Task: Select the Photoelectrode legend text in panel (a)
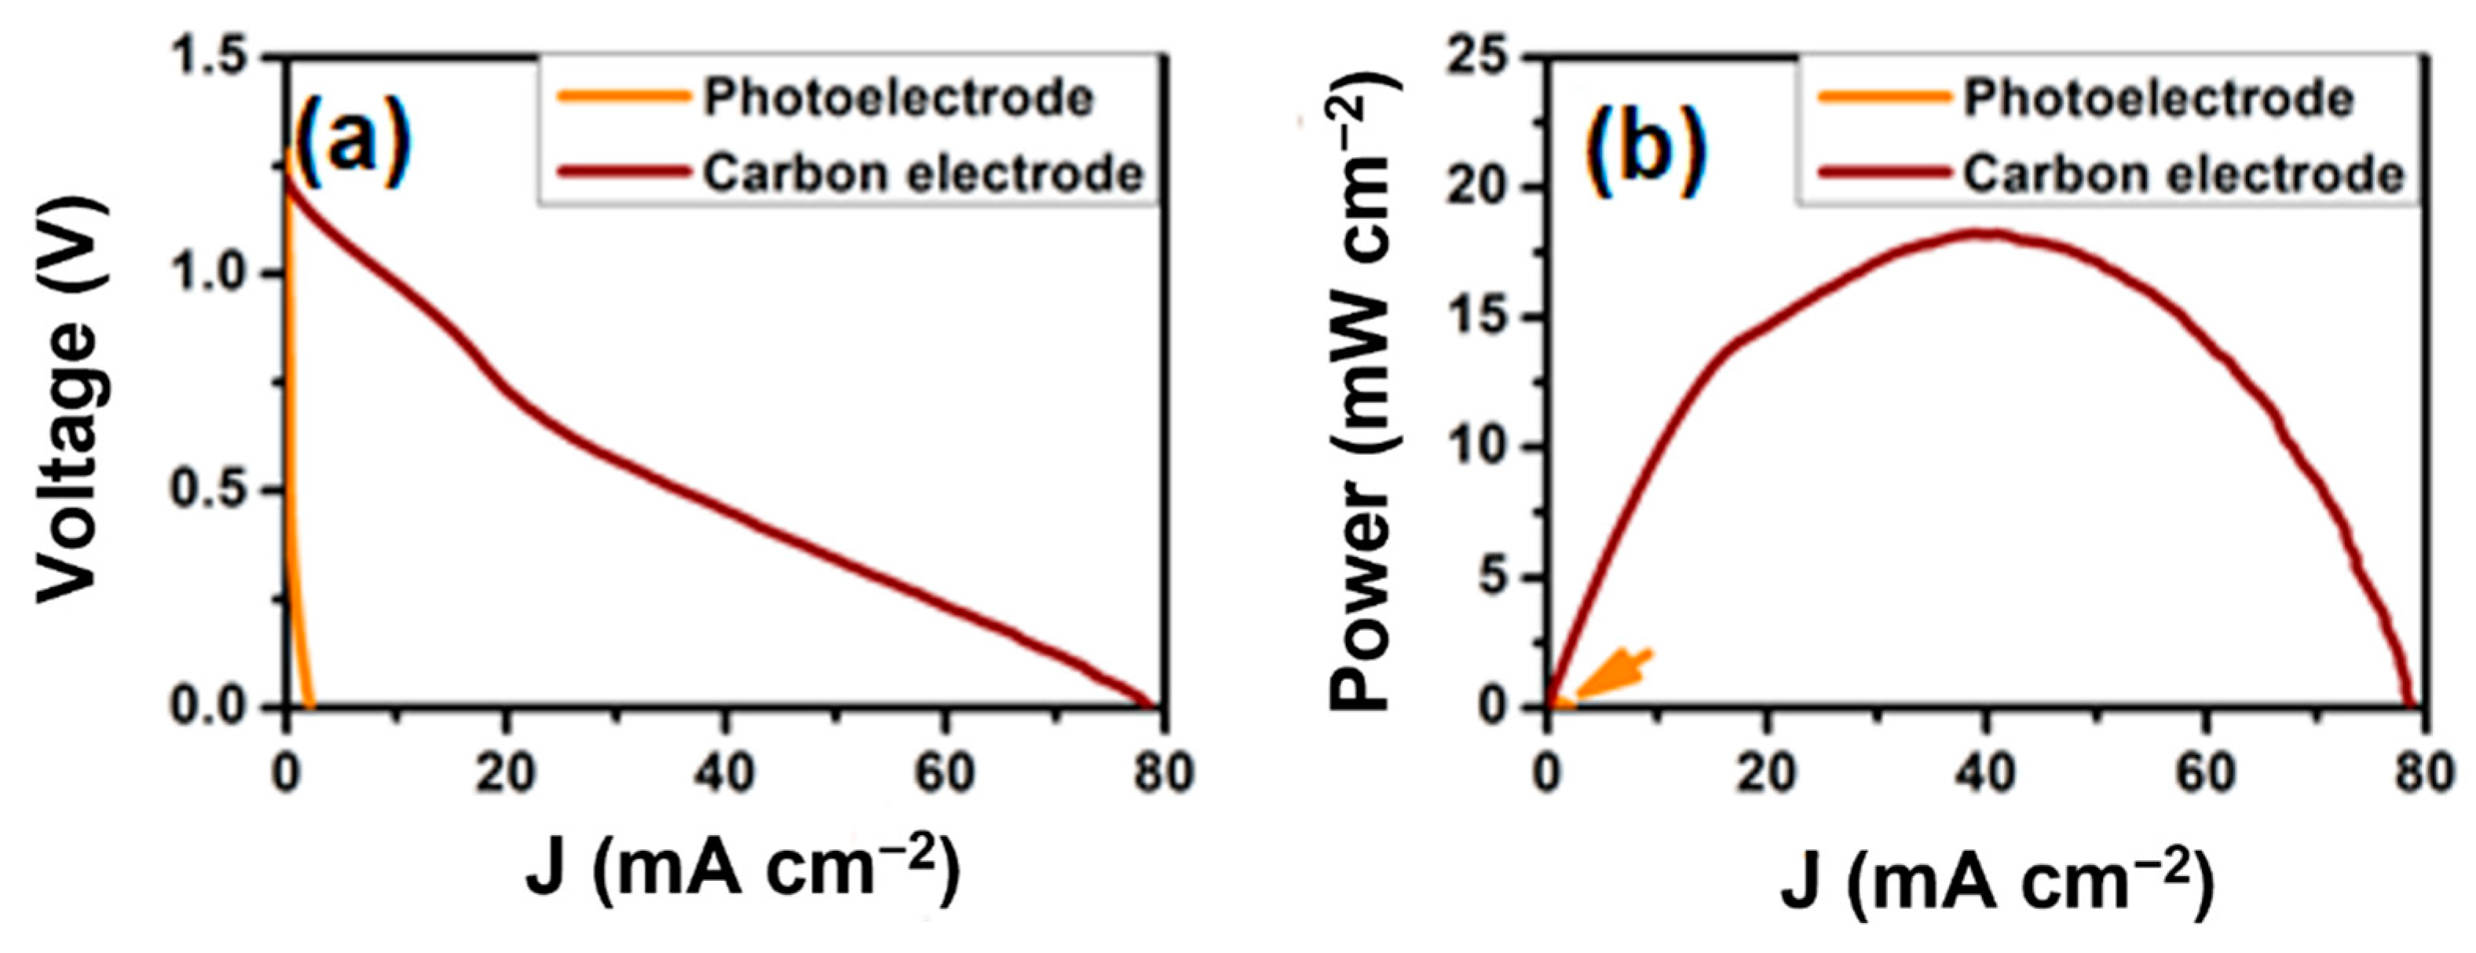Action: coord(898,98)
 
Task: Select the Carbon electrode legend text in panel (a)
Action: coord(923,174)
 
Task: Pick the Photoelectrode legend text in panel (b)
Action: coord(2158,98)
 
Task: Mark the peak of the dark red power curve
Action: coord(1982,232)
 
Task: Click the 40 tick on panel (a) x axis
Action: coord(726,774)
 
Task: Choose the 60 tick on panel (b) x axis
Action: coord(2206,774)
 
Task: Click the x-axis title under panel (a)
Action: coord(743,866)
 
